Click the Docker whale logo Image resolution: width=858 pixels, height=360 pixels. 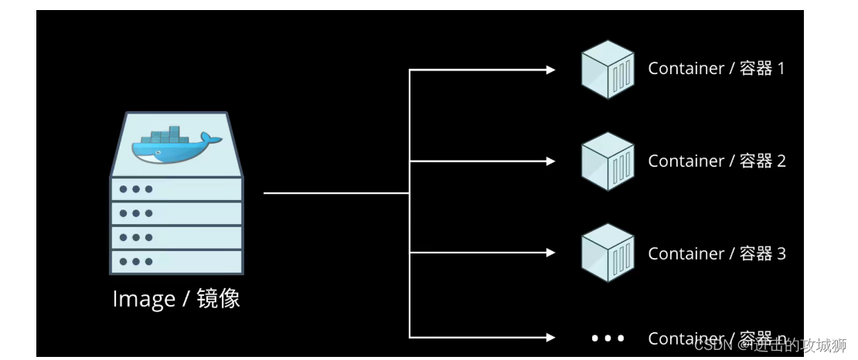pyautogui.click(x=176, y=145)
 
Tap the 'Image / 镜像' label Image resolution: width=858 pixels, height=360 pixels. pyautogui.click(x=176, y=299)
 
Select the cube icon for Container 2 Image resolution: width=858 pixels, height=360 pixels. pyautogui.click(x=608, y=161)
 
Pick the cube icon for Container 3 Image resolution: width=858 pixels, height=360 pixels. pyautogui.click(x=608, y=253)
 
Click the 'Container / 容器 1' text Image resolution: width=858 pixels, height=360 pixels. pyautogui.click(x=716, y=69)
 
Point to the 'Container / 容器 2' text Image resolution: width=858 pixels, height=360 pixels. pyautogui.click(x=716, y=161)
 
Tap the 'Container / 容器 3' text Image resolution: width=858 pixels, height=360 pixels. pyautogui.click(x=716, y=253)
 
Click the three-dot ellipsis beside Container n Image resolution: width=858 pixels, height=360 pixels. pyautogui.click(x=608, y=338)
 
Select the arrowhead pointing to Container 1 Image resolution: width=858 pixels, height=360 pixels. pyautogui.click(x=550, y=70)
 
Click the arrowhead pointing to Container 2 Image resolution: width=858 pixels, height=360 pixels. pyautogui.click(x=550, y=161)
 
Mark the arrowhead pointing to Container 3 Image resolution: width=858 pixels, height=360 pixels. pyautogui.click(x=550, y=253)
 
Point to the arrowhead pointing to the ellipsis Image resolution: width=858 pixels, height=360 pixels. pyautogui.click(x=550, y=337)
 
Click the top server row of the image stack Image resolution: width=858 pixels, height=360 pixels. pyautogui.click(x=176, y=188)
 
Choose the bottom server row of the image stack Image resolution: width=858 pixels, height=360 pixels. pyautogui.click(x=176, y=261)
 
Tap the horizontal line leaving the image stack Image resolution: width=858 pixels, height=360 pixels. pyautogui.click(x=336, y=193)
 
